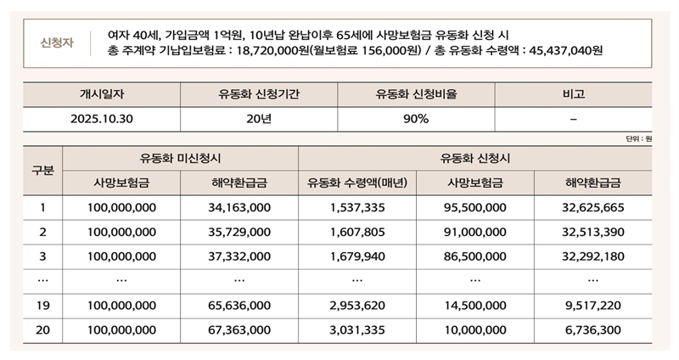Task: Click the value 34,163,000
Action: (x=239, y=207)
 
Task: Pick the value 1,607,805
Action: (x=357, y=231)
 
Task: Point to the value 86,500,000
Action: (x=475, y=255)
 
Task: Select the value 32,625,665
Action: (x=592, y=207)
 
